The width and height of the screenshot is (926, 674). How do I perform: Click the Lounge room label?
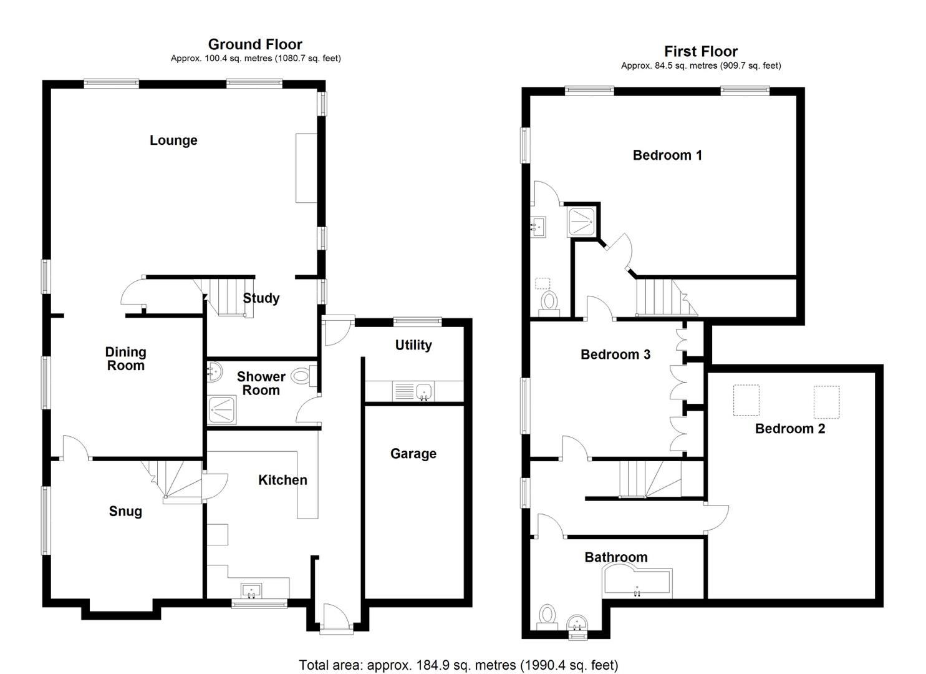click(x=173, y=140)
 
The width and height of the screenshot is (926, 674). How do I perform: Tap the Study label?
click(x=261, y=298)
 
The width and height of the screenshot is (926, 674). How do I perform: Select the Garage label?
click(x=413, y=454)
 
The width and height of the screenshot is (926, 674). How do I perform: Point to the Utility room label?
click(x=413, y=345)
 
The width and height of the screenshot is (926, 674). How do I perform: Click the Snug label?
click(x=125, y=511)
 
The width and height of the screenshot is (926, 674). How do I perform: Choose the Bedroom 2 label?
click(x=790, y=429)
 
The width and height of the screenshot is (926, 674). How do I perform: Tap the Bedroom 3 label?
click(x=615, y=354)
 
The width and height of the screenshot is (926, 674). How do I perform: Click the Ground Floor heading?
click(x=255, y=44)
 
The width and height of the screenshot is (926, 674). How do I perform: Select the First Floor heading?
click(x=701, y=51)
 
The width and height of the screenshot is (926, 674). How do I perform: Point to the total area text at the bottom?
click(x=458, y=665)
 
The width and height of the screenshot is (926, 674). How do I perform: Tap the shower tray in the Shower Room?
click(x=222, y=410)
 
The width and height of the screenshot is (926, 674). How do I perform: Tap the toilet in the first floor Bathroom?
click(x=547, y=617)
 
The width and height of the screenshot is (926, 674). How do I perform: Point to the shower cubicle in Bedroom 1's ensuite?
click(x=581, y=222)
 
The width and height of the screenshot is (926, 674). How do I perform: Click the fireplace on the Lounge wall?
click(x=306, y=168)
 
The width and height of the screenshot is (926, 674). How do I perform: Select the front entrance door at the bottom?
click(x=336, y=619)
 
